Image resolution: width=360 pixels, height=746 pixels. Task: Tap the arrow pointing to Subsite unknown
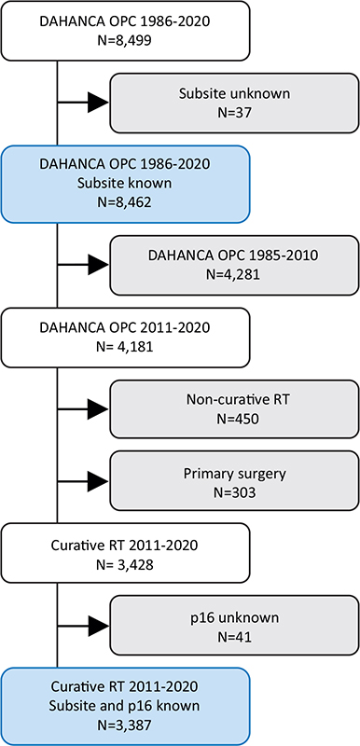point(95,103)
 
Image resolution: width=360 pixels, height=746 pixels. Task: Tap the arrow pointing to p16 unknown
point(95,627)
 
